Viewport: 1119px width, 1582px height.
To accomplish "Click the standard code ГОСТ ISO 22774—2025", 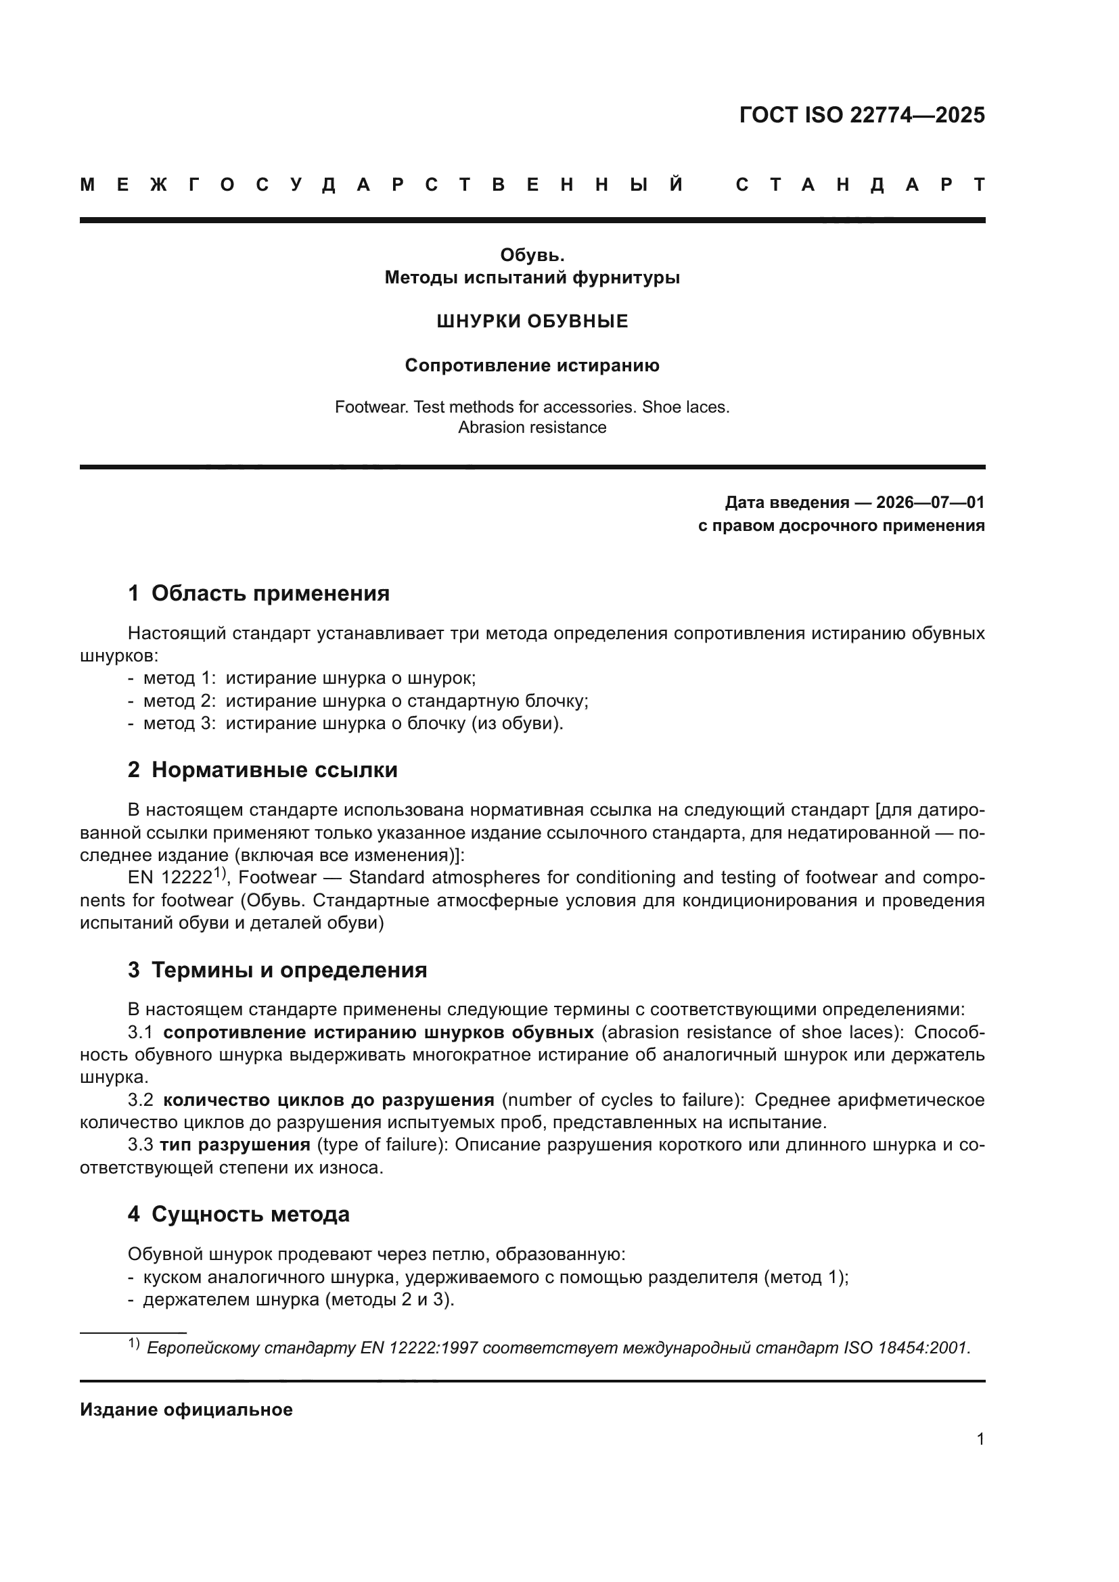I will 861,115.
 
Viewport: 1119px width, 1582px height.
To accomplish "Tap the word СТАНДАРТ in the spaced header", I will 860,185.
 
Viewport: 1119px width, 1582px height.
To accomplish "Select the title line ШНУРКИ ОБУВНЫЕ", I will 532,321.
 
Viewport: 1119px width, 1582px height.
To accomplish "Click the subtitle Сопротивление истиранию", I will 532,365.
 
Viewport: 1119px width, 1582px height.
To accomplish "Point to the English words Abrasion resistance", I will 532,427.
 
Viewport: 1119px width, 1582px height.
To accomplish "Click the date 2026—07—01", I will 930,503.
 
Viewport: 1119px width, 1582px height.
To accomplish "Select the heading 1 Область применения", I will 259,593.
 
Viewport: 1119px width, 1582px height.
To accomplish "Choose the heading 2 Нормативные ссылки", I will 262,770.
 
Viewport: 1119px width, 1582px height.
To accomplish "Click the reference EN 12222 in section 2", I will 170,878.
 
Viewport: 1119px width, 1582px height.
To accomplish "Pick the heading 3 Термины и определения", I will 277,970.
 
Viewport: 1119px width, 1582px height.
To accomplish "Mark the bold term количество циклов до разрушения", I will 329,1100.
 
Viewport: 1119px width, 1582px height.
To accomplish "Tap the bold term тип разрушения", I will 235,1145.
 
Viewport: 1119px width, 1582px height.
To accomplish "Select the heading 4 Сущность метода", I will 238,1214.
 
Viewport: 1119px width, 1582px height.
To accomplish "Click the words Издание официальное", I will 186,1410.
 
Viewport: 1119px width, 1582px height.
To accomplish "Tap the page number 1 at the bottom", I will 980,1439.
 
